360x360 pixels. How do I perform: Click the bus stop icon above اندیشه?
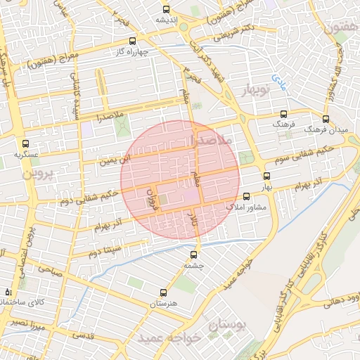(x=166, y=9)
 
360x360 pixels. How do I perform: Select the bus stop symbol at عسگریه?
(x=26, y=142)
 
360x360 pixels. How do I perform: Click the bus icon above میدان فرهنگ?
(x=326, y=119)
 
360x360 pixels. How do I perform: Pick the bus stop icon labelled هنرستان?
(x=163, y=293)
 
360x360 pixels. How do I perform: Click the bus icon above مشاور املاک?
(x=246, y=197)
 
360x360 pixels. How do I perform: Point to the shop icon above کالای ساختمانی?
(x=8, y=291)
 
